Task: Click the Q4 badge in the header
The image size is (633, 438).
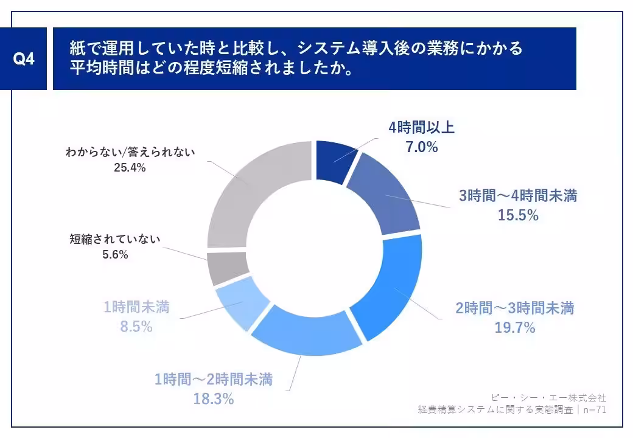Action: pyautogui.click(x=24, y=60)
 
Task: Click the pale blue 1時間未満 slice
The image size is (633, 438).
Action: pyautogui.click(x=241, y=298)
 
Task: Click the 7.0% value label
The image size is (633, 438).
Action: pyautogui.click(x=421, y=147)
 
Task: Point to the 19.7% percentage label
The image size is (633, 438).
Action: pyautogui.click(x=515, y=328)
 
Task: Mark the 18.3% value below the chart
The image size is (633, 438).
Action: pyautogui.click(x=213, y=399)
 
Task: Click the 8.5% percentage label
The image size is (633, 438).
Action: pyautogui.click(x=136, y=327)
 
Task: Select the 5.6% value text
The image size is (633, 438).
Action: pyautogui.click(x=115, y=255)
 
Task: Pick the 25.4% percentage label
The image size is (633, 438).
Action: pyautogui.click(x=130, y=169)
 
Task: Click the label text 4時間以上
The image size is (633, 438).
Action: pyautogui.click(x=421, y=128)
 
